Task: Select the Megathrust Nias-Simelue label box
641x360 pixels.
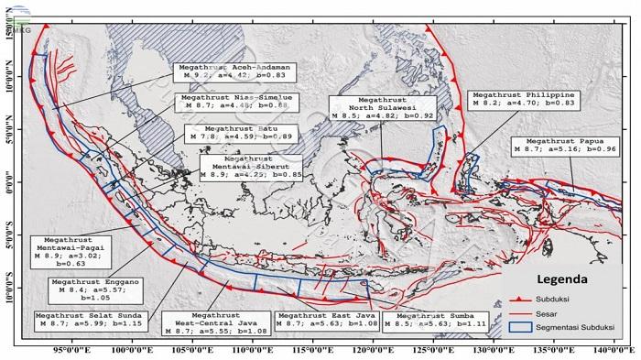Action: (x=224, y=102)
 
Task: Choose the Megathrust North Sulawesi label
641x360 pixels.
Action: (x=375, y=107)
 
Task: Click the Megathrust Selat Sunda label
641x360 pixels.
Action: (x=79, y=320)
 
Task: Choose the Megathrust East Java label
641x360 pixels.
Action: (x=321, y=320)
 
